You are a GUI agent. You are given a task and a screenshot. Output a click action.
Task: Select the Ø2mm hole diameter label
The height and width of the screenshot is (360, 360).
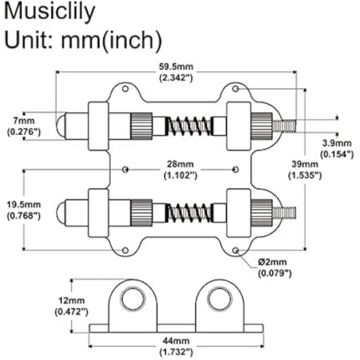(x=277, y=265)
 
